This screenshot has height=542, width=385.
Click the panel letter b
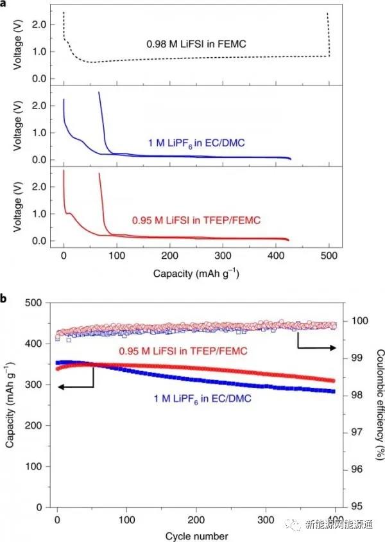[4, 299]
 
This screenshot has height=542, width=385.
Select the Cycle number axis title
[196, 535]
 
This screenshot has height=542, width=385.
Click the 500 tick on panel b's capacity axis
[32, 303]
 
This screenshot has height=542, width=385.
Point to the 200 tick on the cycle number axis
[196, 519]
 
